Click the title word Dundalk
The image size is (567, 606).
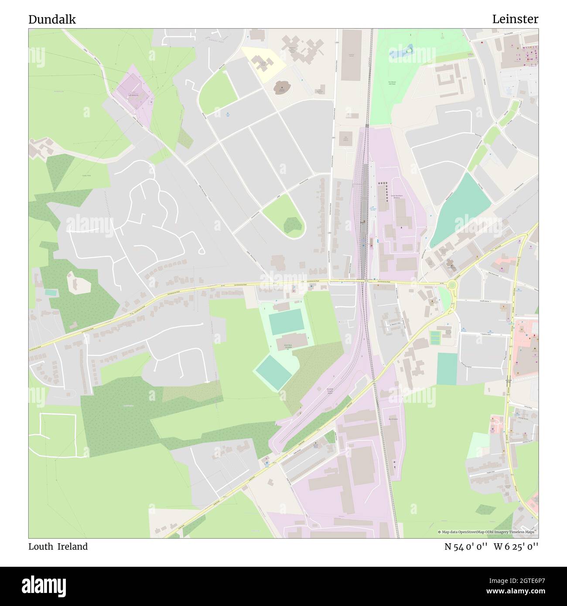(x=52, y=19)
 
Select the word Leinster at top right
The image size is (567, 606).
(x=515, y=19)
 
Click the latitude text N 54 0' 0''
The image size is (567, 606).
(x=465, y=546)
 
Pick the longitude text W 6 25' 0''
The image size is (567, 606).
(x=516, y=546)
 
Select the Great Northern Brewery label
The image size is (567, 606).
(x=397, y=197)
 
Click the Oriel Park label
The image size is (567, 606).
(x=287, y=345)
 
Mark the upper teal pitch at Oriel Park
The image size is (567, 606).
(x=286, y=321)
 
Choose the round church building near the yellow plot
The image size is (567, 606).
(x=282, y=88)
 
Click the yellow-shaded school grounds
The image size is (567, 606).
(x=263, y=64)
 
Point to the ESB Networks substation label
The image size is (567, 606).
(x=133, y=95)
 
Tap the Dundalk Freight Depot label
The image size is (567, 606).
(x=333, y=390)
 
